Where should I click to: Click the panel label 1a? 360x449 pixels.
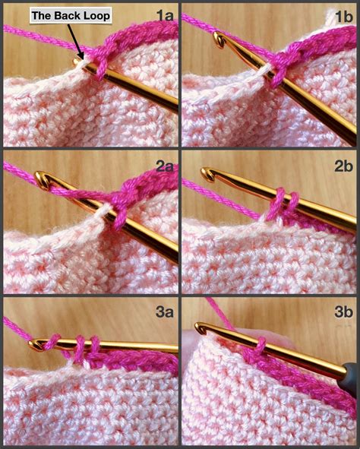165,15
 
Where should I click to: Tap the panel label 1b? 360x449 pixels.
343,15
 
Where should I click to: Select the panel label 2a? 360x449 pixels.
165,165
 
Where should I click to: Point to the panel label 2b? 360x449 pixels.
343,165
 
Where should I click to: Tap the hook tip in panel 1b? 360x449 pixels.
219,38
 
